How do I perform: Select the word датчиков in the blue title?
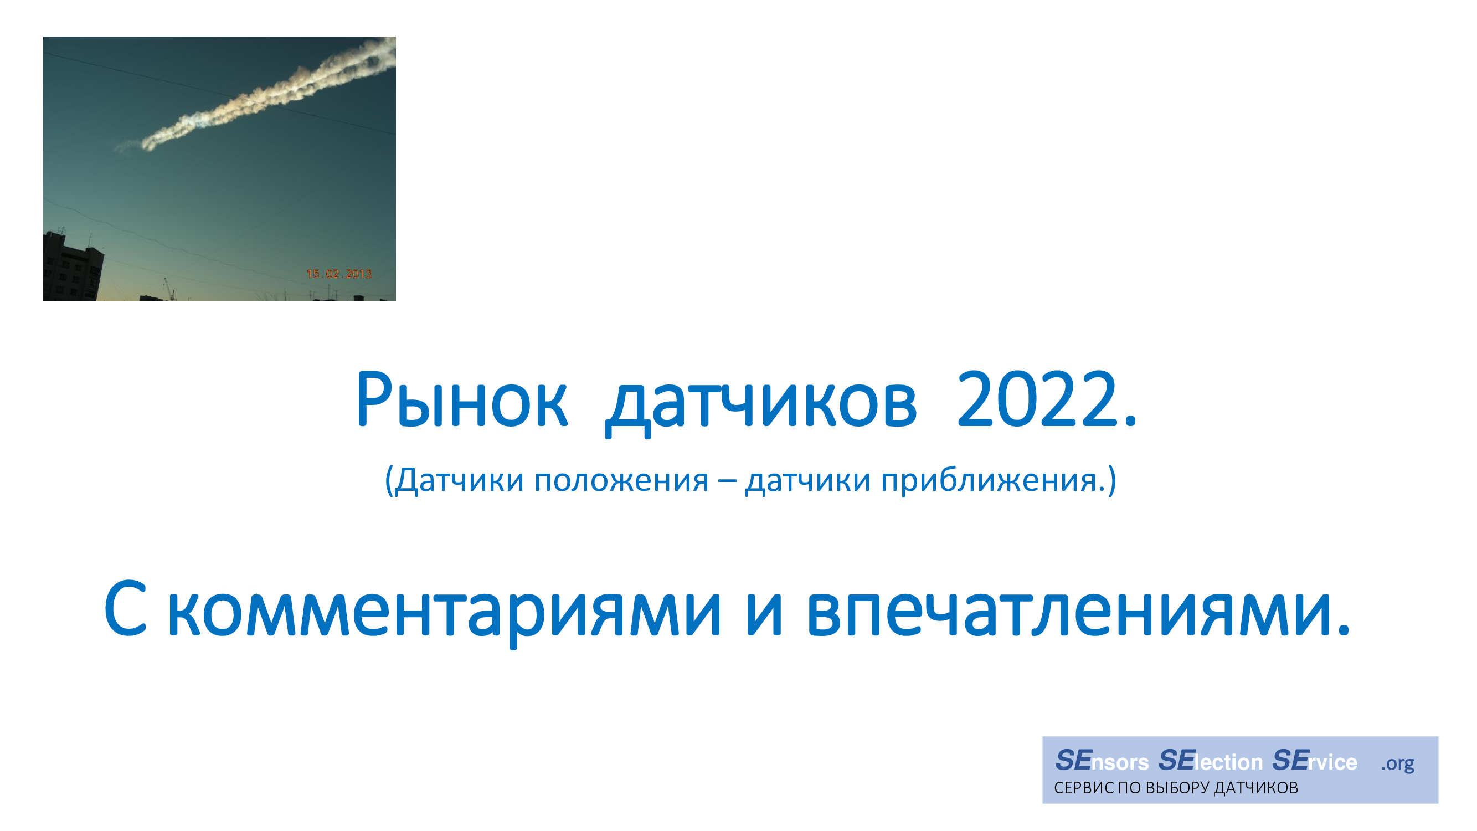pyautogui.click(x=761, y=405)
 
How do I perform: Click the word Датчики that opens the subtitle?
pyautogui.click(x=459, y=480)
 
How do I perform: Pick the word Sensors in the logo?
pyautogui.click(x=1102, y=761)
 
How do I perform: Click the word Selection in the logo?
pyautogui.click(x=1211, y=761)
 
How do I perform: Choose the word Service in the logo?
pyautogui.click(x=1314, y=761)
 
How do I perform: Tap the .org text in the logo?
pyautogui.click(x=1397, y=764)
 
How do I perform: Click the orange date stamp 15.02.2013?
pyautogui.click(x=339, y=274)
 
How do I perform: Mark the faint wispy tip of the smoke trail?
pyautogui.click(x=127, y=146)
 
